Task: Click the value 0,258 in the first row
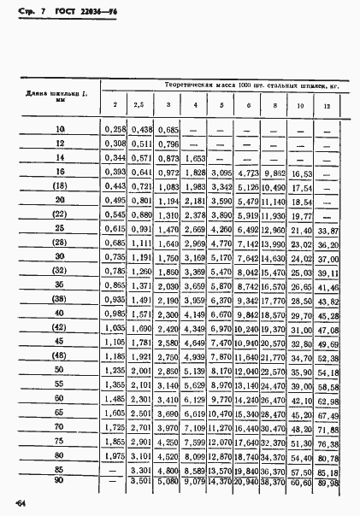(114, 129)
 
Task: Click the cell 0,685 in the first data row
(168, 129)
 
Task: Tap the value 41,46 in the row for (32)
(328, 286)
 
